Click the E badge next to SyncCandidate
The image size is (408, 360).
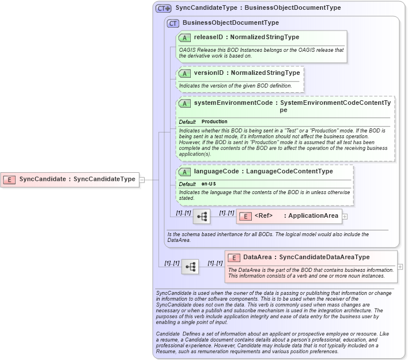point(9,179)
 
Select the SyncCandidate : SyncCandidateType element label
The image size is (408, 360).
point(77,179)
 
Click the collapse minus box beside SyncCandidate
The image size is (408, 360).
point(142,179)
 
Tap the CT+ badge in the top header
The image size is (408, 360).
point(164,8)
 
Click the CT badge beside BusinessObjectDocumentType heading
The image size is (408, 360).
point(173,23)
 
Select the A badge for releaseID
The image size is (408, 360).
point(185,37)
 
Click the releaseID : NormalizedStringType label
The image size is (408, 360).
point(246,37)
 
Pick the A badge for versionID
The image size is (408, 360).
point(185,74)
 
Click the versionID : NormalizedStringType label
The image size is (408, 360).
point(247,74)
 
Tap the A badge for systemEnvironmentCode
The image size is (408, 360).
point(185,103)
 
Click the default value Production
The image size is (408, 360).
point(214,122)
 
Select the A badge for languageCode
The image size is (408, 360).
point(185,172)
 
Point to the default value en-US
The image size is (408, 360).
point(209,184)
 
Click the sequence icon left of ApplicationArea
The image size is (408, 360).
point(202,217)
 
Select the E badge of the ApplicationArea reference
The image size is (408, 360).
point(245,217)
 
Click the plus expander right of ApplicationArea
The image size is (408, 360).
point(345,217)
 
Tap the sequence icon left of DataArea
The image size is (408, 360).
point(190,267)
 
